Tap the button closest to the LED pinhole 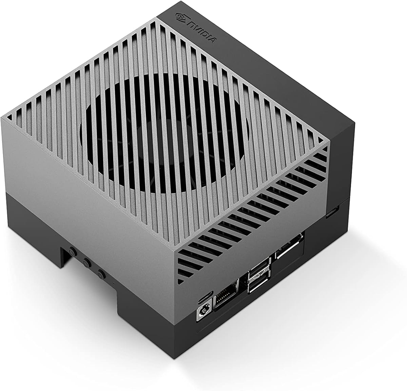tap(100, 273)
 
